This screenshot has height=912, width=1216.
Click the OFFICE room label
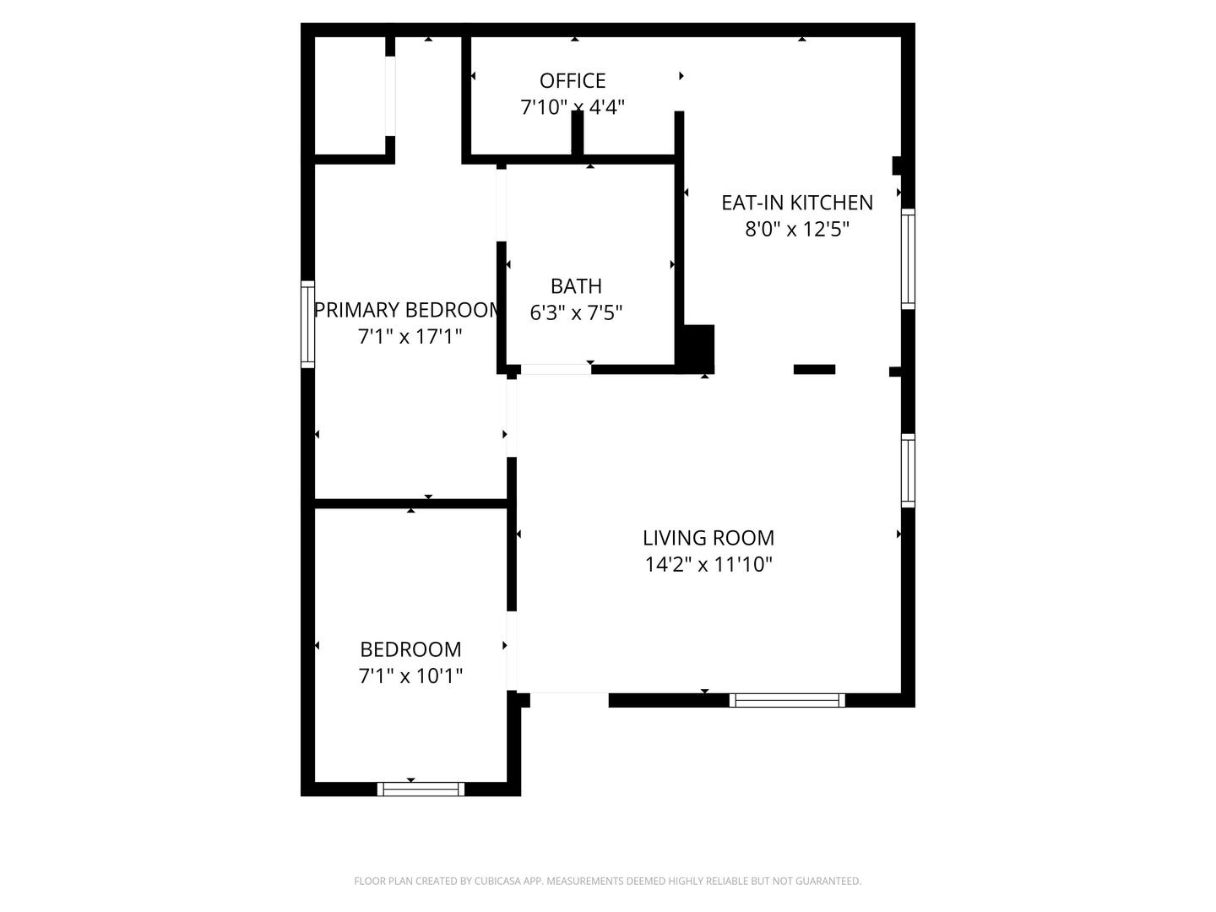tap(573, 81)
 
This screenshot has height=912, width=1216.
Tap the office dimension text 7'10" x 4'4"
tap(573, 107)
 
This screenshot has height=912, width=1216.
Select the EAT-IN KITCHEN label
tap(796, 203)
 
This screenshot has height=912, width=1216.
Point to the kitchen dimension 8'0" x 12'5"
tap(796, 229)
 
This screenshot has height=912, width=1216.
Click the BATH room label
tap(576, 286)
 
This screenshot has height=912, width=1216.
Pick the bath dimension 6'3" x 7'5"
tap(576, 312)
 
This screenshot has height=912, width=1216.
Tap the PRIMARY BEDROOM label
tap(407, 310)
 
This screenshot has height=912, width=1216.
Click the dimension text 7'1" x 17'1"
tap(410, 336)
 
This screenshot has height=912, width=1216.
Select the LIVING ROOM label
tap(708, 538)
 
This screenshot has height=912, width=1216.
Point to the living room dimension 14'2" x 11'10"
tap(708, 564)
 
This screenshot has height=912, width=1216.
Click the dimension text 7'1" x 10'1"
tap(410, 676)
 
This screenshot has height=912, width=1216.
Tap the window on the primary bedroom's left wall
tap(307, 324)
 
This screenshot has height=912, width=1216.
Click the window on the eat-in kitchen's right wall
tap(908, 258)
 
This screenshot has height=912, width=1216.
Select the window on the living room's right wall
tap(908, 470)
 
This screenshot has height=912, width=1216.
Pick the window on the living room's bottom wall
tap(787, 701)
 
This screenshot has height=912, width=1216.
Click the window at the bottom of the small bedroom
tap(421, 789)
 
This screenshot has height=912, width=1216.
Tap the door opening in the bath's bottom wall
tap(556, 369)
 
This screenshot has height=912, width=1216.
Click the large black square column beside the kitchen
tap(699, 349)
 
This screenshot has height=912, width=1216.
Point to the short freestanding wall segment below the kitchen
tap(814, 369)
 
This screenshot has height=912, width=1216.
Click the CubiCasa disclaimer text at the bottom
tap(608, 881)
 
